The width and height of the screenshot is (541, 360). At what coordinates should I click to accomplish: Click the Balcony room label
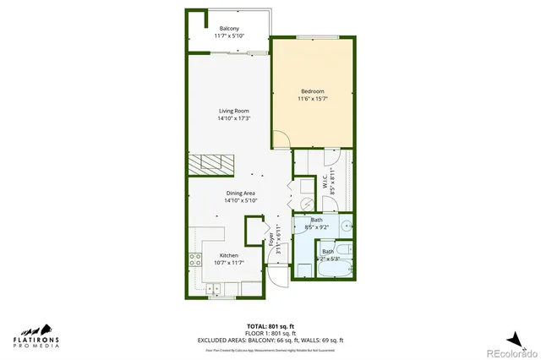click(228, 28)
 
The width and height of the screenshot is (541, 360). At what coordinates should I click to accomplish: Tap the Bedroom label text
click(314, 90)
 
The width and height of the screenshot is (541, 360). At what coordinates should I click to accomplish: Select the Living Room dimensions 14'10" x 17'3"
click(233, 119)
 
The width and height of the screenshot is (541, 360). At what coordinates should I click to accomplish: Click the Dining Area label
click(241, 194)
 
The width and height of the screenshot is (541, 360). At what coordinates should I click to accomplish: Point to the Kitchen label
click(229, 254)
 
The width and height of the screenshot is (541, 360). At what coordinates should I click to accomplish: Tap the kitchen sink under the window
click(222, 290)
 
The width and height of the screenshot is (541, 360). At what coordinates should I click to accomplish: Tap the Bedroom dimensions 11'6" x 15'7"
click(314, 99)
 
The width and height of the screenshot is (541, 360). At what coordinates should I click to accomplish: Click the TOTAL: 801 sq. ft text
click(270, 325)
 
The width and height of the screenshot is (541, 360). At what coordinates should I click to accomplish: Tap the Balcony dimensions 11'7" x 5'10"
click(228, 36)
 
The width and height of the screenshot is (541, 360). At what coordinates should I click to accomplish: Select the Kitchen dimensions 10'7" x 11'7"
click(228, 263)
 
